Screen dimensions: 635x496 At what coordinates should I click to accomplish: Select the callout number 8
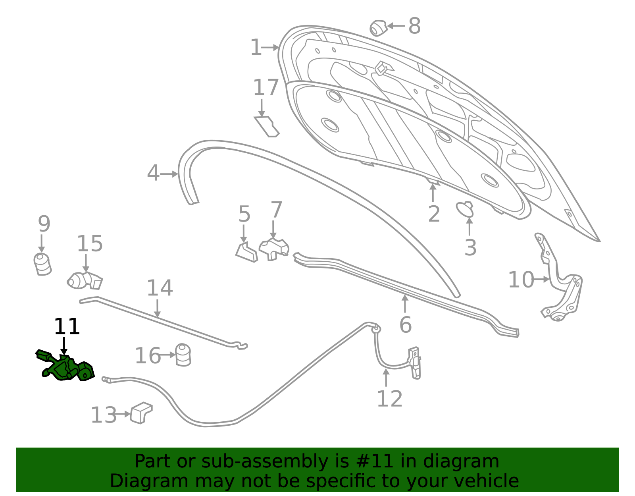click(414, 26)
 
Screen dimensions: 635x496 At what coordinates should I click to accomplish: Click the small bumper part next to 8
click(378, 28)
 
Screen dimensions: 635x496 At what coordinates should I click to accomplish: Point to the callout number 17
click(266, 87)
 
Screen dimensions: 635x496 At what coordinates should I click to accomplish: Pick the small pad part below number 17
click(267, 127)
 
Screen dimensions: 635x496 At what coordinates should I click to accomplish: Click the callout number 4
click(153, 173)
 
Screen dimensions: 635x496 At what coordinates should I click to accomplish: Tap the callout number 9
click(44, 224)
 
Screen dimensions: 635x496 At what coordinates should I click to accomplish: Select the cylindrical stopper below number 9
click(42, 264)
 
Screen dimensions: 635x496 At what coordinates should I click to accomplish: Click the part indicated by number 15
click(85, 281)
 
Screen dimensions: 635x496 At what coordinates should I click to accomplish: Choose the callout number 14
click(160, 288)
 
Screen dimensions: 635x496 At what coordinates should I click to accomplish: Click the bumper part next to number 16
click(183, 355)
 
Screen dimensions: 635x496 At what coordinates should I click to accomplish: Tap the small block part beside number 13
click(141, 413)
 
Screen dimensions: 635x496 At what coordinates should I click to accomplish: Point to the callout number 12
click(390, 399)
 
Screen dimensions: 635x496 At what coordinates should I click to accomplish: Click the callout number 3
click(470, 247)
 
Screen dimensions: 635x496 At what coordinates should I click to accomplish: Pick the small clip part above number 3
click(465, 210)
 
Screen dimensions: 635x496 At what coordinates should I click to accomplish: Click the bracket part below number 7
click(274, 249)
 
